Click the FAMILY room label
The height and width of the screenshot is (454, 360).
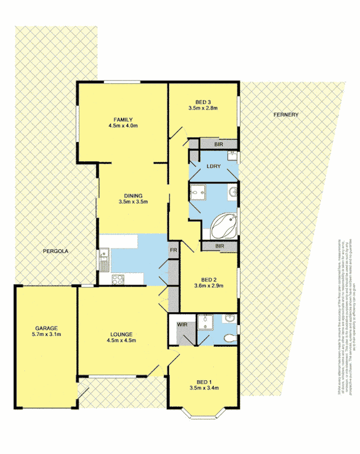[122, 119]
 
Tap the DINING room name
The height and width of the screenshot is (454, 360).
[133, 196]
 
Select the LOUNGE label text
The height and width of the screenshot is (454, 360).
[122, 334]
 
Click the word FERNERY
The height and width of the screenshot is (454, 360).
[285, 115]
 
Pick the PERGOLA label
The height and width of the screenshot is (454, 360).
[55, 250]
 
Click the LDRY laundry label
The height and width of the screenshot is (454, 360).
[213, 166]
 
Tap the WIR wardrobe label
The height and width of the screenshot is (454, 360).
[182, 325]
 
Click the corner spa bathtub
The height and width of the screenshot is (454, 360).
[225, 226]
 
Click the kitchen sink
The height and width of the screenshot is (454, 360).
[104, 262]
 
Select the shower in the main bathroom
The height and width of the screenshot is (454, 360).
[198, 193]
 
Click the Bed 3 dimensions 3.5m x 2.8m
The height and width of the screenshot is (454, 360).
[203, 107]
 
